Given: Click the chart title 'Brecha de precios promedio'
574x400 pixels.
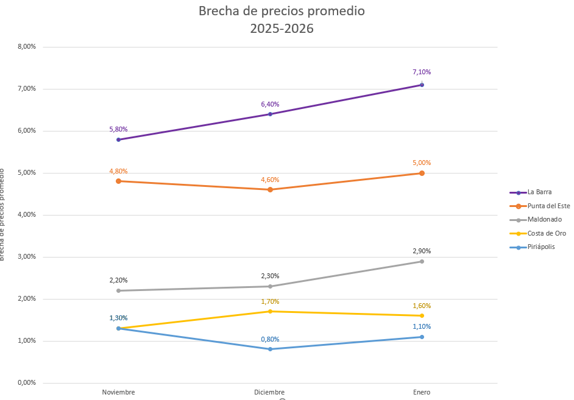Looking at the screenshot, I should [282, 11].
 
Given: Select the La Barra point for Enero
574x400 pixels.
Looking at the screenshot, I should [422, 85].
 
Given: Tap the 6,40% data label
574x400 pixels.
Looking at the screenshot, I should [270, 104].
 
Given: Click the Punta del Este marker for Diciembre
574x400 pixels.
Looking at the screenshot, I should [270, 189].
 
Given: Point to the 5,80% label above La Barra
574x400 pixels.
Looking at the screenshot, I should [118, 129].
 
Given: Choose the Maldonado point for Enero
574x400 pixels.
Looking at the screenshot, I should [422, 261].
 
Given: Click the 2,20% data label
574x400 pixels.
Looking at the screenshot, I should [118, 280].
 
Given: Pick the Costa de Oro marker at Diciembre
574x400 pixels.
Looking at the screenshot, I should [270, 311].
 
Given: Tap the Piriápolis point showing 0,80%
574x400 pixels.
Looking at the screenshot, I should [270, 349].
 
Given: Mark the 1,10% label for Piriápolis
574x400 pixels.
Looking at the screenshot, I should [422, 326].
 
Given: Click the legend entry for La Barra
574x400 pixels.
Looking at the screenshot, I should [539, 192].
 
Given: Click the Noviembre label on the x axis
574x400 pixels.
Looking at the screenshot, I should [118, 392].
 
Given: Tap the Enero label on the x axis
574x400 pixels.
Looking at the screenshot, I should [422, 392].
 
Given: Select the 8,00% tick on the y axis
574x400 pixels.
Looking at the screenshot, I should [26, 46].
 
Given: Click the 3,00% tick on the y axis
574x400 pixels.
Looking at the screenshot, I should [26, 257].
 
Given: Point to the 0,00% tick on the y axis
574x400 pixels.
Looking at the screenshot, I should [26, 383].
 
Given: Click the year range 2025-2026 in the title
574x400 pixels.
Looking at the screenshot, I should [282, 28].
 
